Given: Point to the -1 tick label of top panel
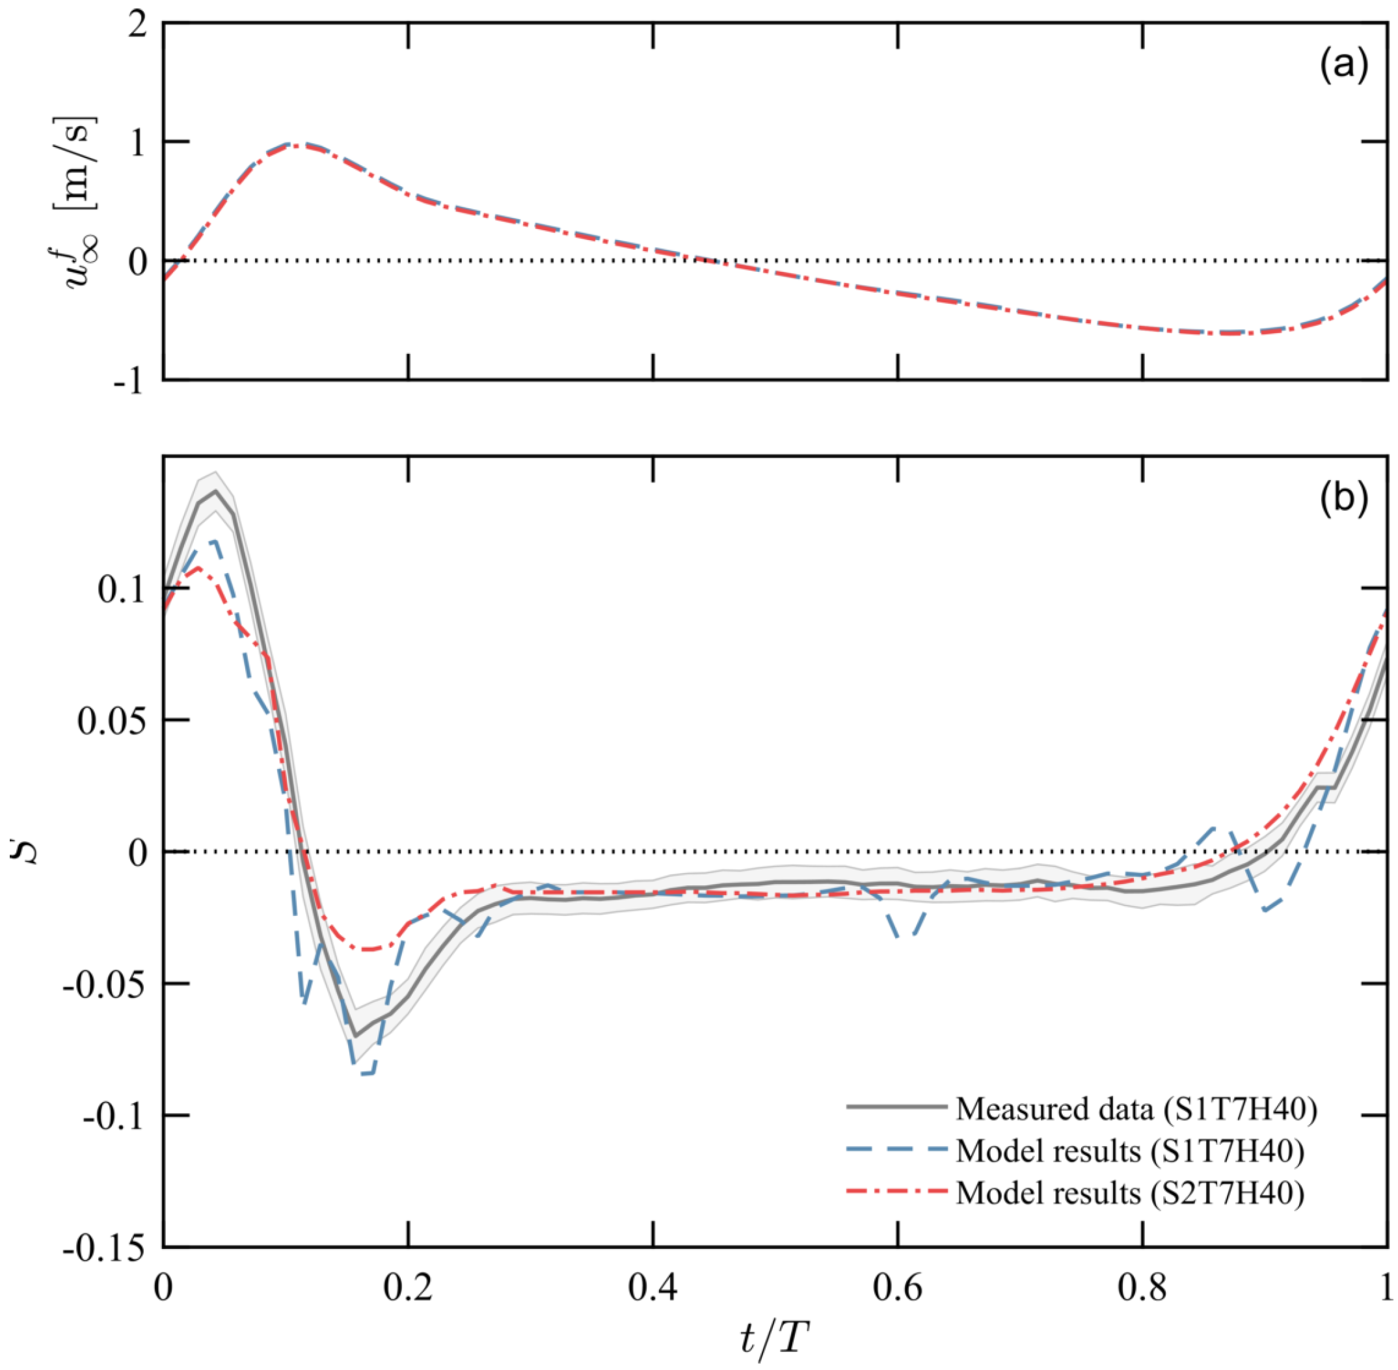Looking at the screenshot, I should click(129, 382).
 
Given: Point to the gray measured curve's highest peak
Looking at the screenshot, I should click(215, 491).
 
